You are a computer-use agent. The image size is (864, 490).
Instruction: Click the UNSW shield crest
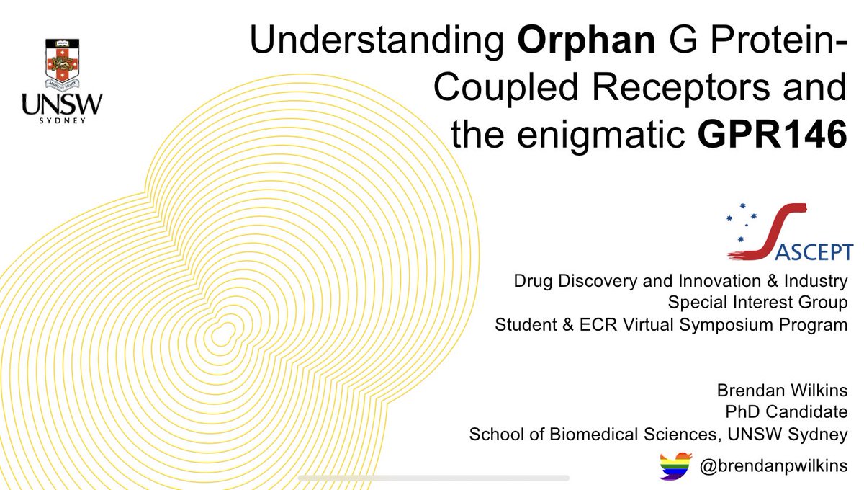tap(62, 63)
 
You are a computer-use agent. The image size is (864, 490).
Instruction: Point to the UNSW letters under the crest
tap(62, 105)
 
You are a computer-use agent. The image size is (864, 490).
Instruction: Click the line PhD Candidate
tap(795, 414)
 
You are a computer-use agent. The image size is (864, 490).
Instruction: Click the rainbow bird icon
tap(675, 466)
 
